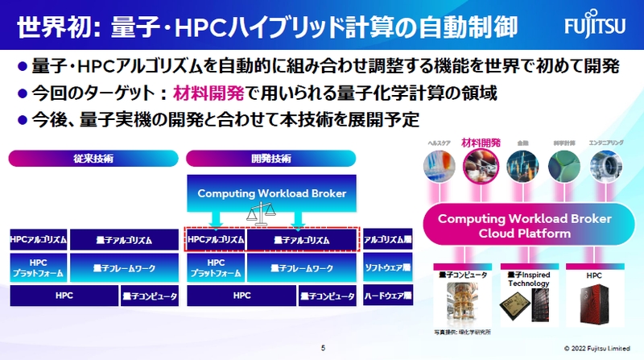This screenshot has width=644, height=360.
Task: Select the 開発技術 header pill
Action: [271, 159]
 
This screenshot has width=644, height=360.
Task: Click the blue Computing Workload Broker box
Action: [271, 193]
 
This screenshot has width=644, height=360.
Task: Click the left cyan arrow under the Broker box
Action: [216, 219]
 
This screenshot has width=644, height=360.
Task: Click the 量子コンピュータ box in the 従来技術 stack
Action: [150, 296]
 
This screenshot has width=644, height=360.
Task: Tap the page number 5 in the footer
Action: [322, 349]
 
